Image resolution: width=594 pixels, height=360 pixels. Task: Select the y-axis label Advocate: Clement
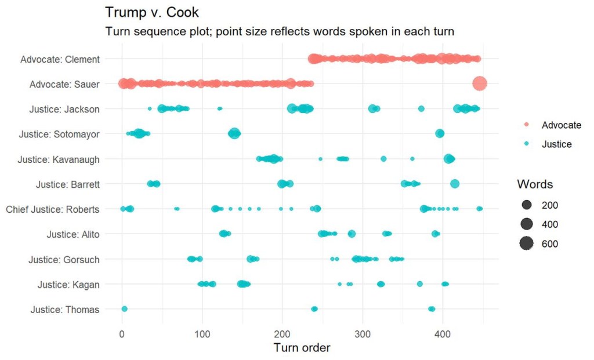point(60,59)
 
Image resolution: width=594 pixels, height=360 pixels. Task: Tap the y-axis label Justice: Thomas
point(64,310)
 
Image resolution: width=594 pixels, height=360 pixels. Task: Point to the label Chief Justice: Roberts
point(52,209)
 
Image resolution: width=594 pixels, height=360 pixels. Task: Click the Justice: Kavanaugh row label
point(58,159)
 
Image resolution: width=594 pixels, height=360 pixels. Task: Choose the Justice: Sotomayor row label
point(59,134)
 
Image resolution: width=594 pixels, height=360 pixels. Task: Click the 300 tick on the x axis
point(363,334)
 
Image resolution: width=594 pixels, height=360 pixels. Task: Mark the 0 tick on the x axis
point(122,334)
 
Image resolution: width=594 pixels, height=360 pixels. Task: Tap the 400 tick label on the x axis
point(443,334)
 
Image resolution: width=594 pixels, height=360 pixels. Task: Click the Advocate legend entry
point(561,125)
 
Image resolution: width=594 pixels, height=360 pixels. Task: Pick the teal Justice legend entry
point(556,144)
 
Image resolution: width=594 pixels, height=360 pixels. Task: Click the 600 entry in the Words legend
point(549,244)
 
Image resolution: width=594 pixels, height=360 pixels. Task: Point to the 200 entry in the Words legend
point(549,206)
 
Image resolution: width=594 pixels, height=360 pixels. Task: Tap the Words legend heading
point(535,184)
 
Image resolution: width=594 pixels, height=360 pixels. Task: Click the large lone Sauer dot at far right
point(479,84)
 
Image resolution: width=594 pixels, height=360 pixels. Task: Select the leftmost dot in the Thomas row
point(124,309)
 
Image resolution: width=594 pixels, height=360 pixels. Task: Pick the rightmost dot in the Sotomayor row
point(440,134)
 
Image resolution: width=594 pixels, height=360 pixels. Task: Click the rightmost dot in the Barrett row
point(455,184)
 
